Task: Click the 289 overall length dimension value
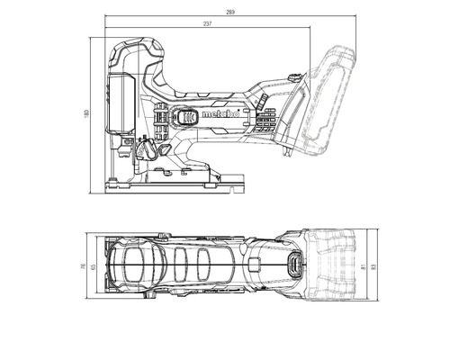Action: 231,12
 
